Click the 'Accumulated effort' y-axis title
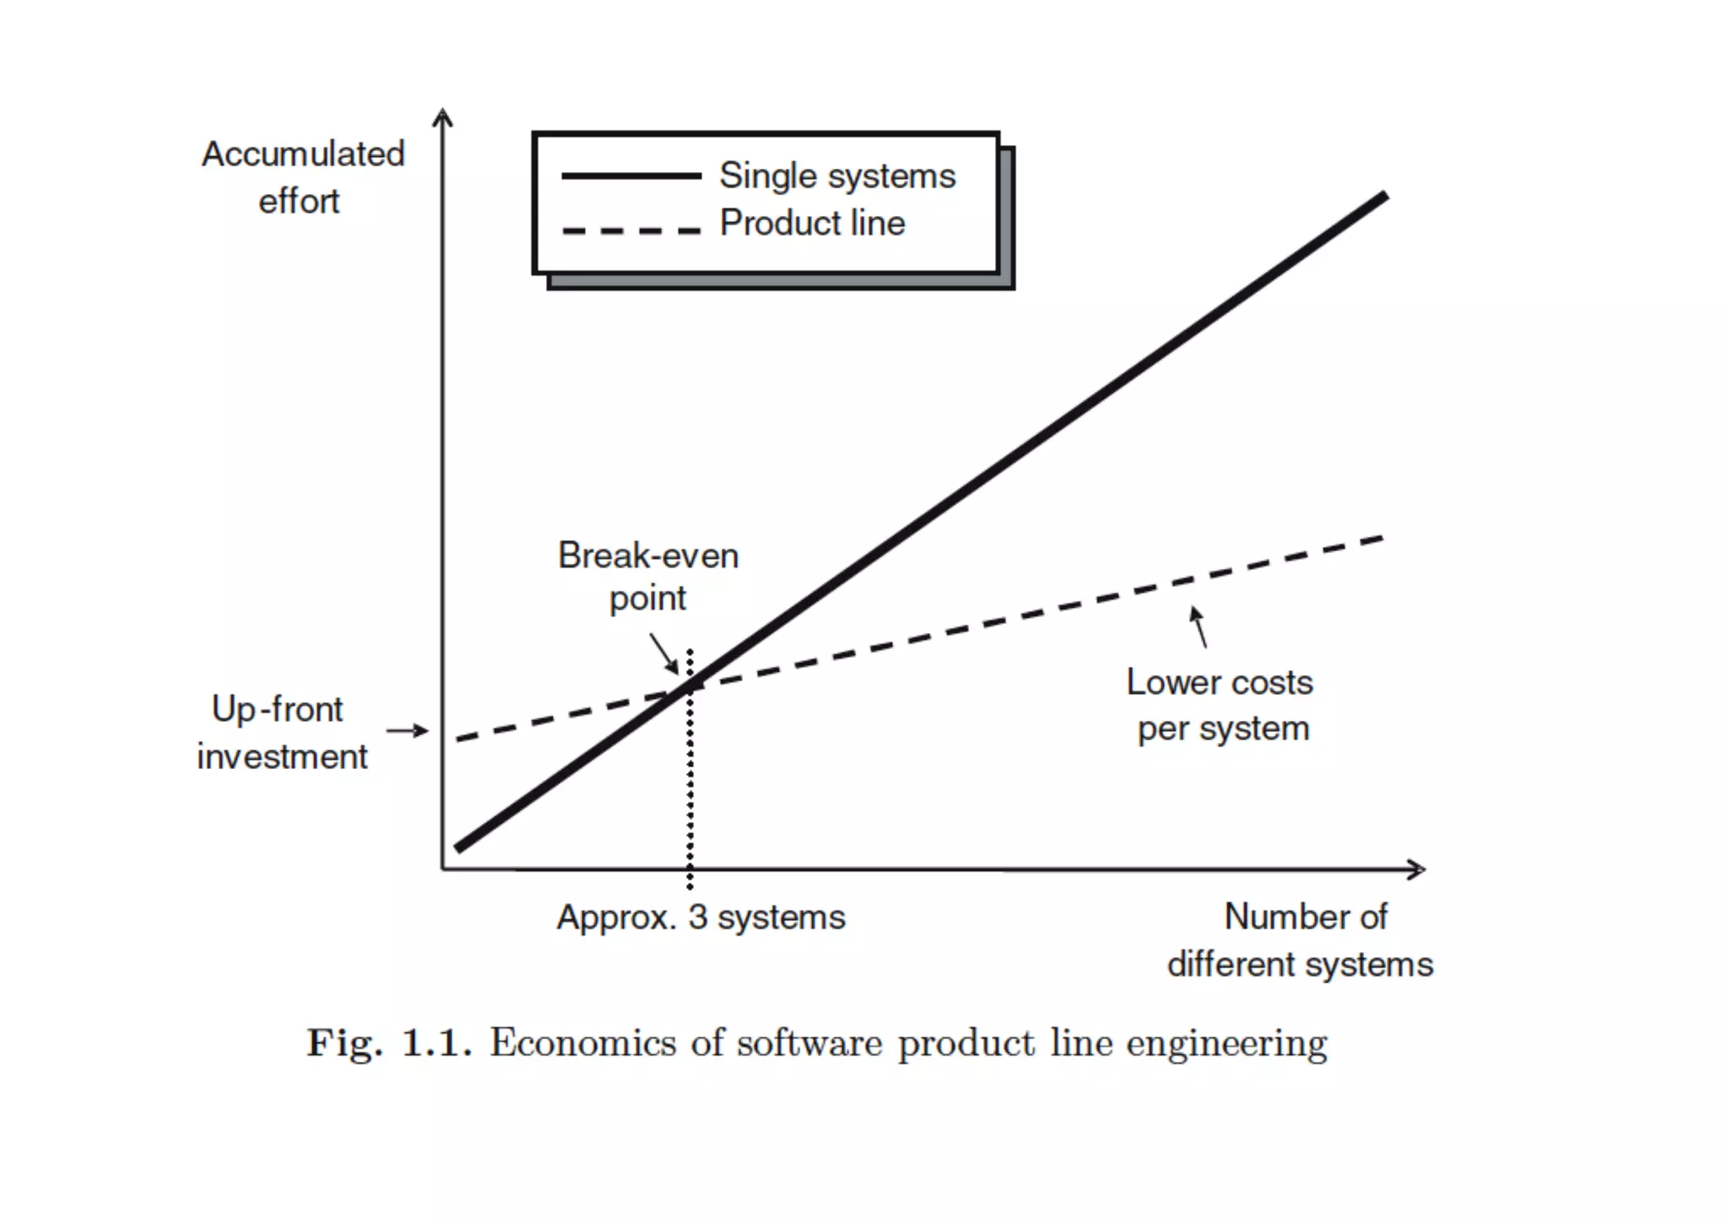[303, 177]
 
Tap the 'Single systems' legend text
[837, 176]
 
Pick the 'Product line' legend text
[812, 223]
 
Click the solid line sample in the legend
[631, 176]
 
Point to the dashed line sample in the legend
[631, 230]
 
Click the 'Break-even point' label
[648, 577]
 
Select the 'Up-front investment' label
[281, 733]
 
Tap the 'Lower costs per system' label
[1221, 705]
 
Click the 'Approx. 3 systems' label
[701, 917]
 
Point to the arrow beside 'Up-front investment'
[408, 730]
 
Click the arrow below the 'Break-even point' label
[664, 653]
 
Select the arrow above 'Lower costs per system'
[1198, 626]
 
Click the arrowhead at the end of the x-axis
[1418, 869]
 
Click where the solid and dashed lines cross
[687, 688]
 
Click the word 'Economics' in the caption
[583, 1043]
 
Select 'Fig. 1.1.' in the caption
[388, 1043]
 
